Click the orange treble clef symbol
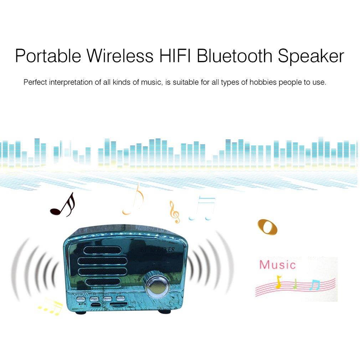coord(174,212)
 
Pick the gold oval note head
coord(267,227)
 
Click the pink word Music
coord(277,265)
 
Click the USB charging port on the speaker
coord(96,305)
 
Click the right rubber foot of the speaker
coord(164,311)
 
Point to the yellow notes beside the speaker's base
coord(50,307)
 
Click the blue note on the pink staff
coord(314,285)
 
